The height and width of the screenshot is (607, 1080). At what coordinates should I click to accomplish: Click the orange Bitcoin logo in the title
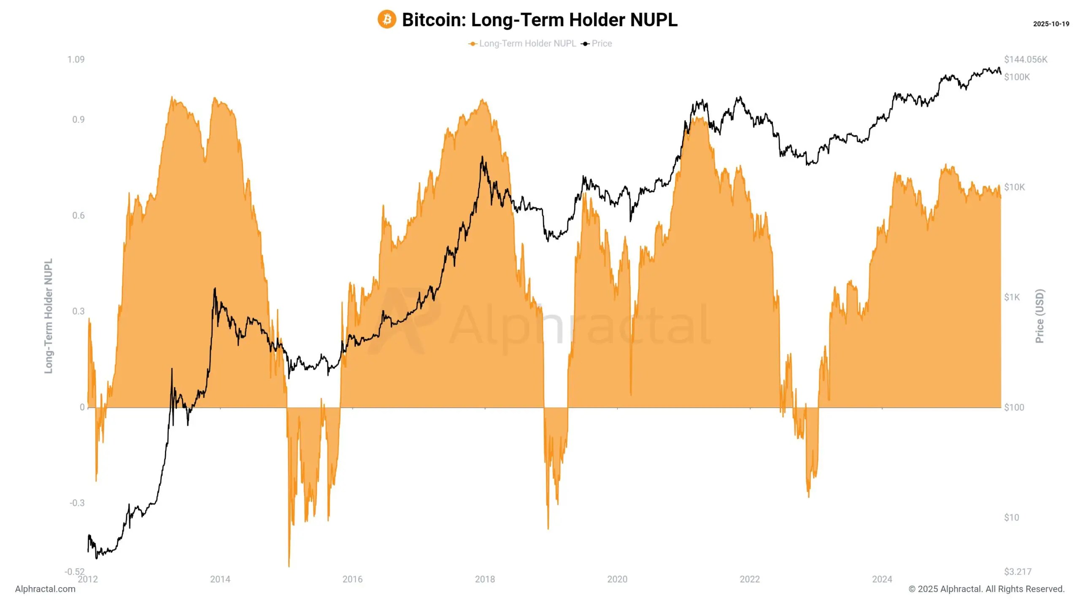pyautogui.click(x=386, y=20)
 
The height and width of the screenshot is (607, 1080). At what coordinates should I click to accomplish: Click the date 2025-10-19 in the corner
pyautogui.click(x=1051, y=24)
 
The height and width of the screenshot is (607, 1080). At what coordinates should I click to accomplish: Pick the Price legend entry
pyautogui.click(x=601, y=43)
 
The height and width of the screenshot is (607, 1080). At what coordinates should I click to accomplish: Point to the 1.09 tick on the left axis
pyautogui.click(x=76, y=59)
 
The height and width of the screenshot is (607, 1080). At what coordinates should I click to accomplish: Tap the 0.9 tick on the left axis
pyautogui.click(x=78, y=120)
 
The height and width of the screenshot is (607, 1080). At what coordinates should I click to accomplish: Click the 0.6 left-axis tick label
pyautogui.click(x=78, y=216)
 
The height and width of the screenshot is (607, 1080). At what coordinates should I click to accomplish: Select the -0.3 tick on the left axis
pyautogui.click(x=77, y=503)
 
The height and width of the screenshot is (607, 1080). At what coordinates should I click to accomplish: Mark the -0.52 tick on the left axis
pyautogui.click(x=74, y=572)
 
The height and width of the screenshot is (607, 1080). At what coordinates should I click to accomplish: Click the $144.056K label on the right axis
pyautogui.click(x=1026, y=59)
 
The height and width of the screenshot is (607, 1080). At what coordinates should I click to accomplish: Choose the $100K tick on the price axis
pyautogui.click(x=1017, y=77)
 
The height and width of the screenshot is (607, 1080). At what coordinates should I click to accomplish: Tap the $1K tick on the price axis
pyautogui.click(x=1012, y=298)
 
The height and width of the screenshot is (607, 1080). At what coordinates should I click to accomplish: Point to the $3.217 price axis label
pyautogui.click(x=1018, y=572)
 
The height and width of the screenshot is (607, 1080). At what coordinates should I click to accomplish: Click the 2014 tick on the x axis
pyautogui.click(x=220, y=579)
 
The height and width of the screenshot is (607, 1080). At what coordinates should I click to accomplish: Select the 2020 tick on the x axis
pyautogui.click(x=617, y=579)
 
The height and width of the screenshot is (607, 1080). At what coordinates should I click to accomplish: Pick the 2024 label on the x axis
pyautogui.click(x=882, y=579)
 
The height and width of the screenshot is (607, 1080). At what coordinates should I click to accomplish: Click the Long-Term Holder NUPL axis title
pyautogui.click(x=49, y=316)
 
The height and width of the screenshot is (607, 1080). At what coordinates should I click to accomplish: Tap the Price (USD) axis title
pyautogui.click(x=1039, y=316)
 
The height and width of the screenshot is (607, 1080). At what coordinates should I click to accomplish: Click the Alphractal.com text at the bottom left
pyautogui.click(x=45, y=589)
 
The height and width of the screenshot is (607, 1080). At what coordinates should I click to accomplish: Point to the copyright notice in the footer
pyautogui.click(x=986, y=589)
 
